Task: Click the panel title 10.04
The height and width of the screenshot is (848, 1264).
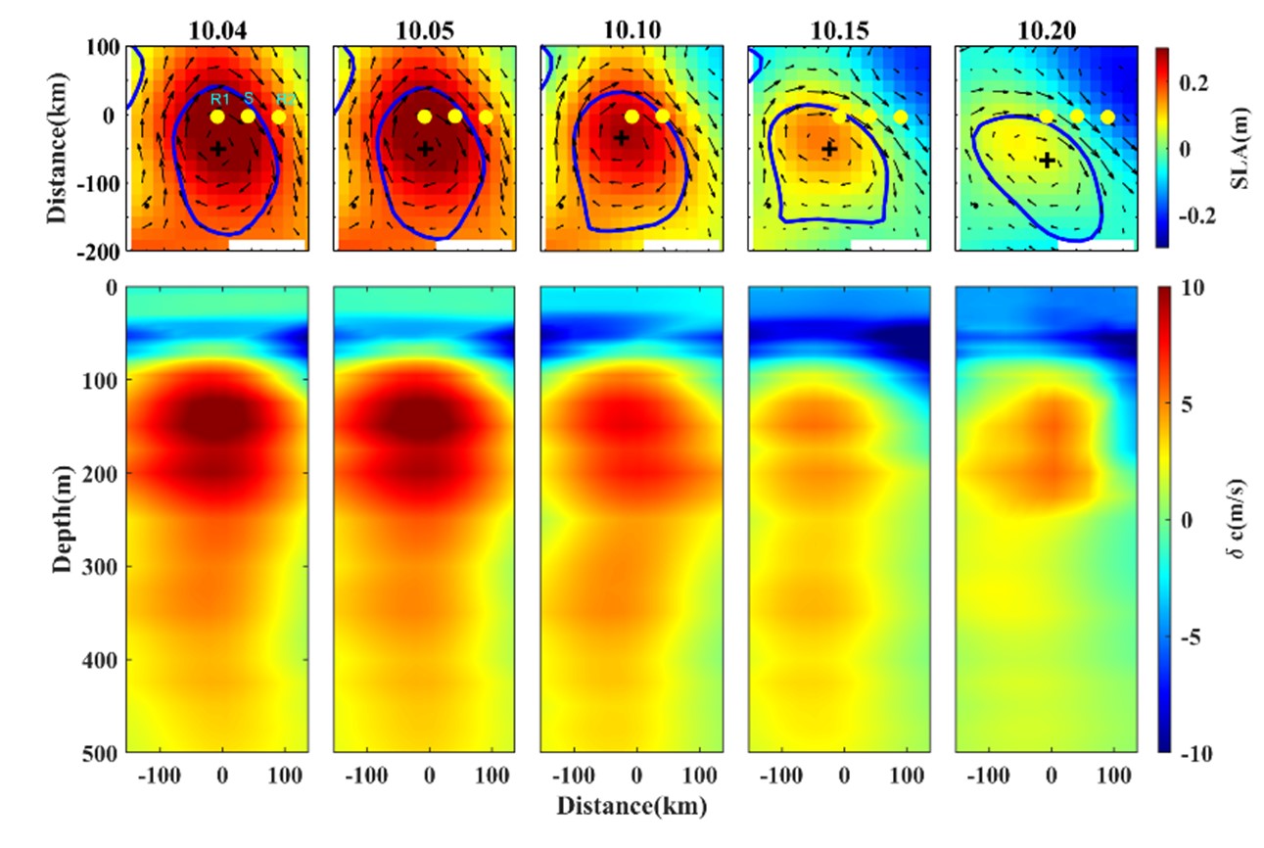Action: point(217,30)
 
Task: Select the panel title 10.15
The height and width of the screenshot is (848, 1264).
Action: point(837,30)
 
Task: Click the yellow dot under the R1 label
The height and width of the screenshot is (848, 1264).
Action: point(217,117)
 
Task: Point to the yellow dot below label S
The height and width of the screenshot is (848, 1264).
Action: point(248,117)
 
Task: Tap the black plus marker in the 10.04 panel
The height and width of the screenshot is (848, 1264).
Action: point(218,148)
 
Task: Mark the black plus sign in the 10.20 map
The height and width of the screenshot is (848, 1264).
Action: point(1047,160)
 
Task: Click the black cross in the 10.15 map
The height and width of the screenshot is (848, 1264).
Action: point(830,149)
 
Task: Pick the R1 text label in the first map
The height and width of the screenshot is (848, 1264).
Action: point(219,99)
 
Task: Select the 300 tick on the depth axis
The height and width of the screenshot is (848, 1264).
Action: point(101,567)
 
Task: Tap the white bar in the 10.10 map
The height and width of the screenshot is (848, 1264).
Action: point(681,244)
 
